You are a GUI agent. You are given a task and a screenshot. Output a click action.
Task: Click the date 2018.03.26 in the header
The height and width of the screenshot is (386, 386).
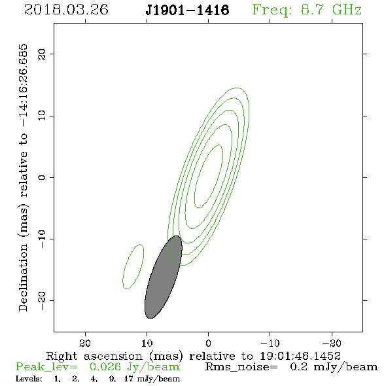[66, 10]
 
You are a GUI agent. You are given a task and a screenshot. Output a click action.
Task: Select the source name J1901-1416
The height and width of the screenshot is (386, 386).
[187, 10]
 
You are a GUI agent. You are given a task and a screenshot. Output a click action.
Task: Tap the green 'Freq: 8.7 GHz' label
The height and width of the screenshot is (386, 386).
[307, 10]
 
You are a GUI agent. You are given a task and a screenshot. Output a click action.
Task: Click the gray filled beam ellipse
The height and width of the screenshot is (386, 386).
[163, 277]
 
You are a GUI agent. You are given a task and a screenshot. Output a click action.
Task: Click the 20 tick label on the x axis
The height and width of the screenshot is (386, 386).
[85, 343]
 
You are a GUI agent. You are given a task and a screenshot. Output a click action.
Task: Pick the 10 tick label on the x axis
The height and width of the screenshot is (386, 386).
[147, 343]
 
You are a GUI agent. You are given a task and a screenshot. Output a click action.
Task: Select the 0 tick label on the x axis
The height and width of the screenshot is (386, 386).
[208, 343]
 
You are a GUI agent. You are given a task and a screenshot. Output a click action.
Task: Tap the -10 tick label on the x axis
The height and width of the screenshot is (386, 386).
[270, 343]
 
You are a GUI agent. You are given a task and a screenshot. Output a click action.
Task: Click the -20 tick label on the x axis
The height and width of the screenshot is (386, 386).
[332, 343]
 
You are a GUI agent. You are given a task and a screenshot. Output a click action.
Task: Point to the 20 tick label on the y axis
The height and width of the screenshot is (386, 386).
[42, 54]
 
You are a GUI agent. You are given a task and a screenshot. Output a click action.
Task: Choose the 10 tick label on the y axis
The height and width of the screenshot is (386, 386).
[42, 115]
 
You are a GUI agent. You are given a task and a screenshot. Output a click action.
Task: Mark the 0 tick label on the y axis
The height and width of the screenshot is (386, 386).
[42, 177]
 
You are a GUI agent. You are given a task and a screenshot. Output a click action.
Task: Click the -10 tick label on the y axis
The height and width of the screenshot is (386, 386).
[42, 239]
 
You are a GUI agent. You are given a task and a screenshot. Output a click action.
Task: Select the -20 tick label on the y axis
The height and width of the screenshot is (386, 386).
[42, 300]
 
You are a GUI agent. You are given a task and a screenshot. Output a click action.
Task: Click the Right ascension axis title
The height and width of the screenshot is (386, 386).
[194, 356]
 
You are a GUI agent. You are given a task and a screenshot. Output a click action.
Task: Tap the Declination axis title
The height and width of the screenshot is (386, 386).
[23, 177]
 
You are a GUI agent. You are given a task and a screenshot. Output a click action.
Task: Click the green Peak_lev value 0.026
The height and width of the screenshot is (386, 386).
[105, 367]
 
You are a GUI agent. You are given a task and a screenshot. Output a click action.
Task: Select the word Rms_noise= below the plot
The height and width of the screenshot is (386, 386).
[241, 367]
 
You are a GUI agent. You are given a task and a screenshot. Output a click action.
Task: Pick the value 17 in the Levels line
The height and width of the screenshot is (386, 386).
[129, 378]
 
